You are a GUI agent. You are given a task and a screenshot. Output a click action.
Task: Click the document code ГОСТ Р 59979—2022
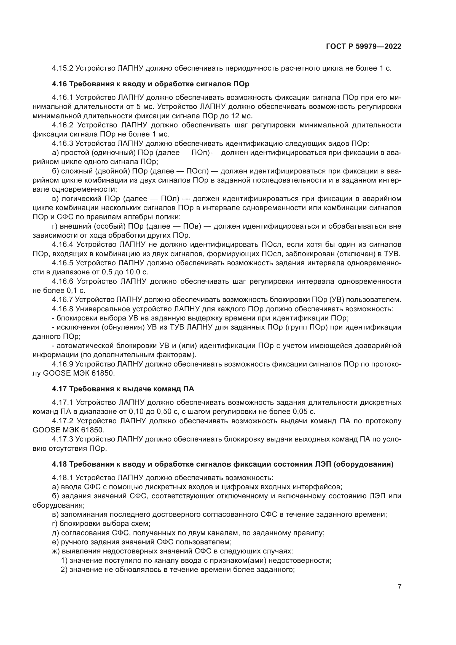[x=363, y=47]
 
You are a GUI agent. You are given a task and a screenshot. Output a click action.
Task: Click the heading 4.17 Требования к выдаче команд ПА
[x=123, y=389]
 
